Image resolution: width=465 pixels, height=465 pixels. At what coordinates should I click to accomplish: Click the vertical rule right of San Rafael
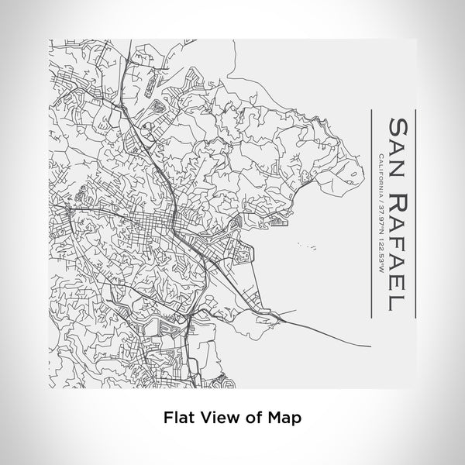[416, 213]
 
